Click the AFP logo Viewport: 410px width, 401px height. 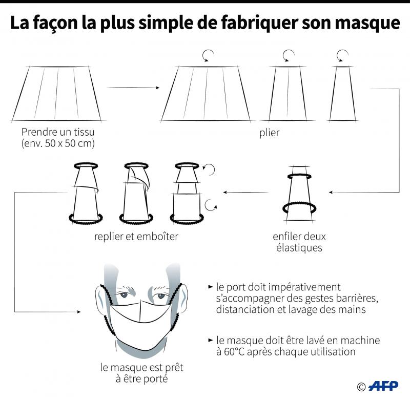(383, 386)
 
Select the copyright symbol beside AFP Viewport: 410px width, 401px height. (361, 387)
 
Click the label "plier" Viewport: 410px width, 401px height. (270, 133)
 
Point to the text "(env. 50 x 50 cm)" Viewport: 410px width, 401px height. (58, 143)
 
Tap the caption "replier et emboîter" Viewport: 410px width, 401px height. (136, 237)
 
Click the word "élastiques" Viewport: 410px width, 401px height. (299, 247)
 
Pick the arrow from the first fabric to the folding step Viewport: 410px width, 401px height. (133, 88)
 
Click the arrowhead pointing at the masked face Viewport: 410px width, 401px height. (78, 312)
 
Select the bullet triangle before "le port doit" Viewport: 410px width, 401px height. (211, 287)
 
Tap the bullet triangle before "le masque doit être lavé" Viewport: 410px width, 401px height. (211, 340)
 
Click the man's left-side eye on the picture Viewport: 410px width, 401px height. (124, 294)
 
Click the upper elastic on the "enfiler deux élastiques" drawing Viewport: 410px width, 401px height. (299, 177)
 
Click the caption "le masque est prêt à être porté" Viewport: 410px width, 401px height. (142, 373)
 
